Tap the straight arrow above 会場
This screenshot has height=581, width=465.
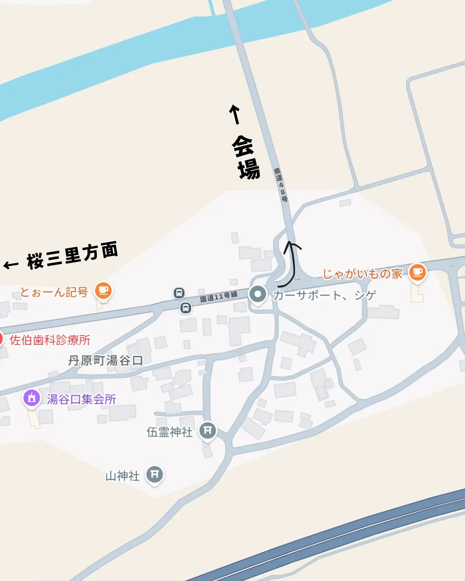tap(235, 114)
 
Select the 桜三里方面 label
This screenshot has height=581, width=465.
tap(72, 256)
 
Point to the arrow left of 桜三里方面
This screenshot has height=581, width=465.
tap(11, 264)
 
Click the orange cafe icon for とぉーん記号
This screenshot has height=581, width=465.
tap(103, 290)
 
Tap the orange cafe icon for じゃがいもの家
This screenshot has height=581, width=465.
tap(417, 272)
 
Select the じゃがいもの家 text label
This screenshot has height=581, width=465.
tap(363, 274)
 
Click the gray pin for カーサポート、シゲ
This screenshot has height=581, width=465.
tap(258, 295)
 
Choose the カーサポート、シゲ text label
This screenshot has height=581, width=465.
tap(325, 295)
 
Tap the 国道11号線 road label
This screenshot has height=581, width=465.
tap(219, 297)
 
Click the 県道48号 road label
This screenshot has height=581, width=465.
tap(281, 185)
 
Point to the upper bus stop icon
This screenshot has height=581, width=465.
tap(179, 293)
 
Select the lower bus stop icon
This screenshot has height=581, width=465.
tap(186, 308)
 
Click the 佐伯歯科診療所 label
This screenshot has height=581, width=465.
tap(50, 340)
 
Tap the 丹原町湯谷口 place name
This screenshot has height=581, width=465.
tap(105, 360)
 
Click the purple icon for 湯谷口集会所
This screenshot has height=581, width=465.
tap(31, 398)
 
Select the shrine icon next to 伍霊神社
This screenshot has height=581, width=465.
tap(208, 430)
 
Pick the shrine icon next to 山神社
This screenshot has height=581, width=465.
tap(155, 474)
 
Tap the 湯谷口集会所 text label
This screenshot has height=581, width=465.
tap(81, 399)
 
